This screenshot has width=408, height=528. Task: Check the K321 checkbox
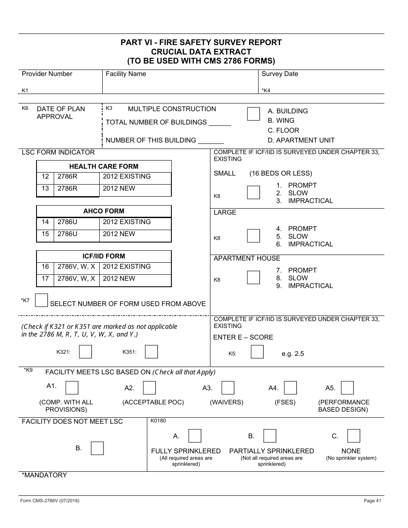[x=85, y=352]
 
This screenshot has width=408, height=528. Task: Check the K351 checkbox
[x=151, y=352]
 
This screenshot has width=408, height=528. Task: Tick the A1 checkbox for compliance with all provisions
[x=72, y=388]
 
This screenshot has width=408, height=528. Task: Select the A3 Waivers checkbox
[x=228, y=388]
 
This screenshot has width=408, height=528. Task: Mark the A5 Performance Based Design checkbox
[x=347, y=388]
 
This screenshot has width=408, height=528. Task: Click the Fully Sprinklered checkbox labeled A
[x=195, y=436]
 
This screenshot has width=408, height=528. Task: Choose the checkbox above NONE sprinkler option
[x=354, y=436]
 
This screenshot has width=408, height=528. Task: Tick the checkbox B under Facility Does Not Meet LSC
[x=97, y=448]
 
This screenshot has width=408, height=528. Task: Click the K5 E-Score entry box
[x=257, y=352]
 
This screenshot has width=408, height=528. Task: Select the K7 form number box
[x=41, y=300]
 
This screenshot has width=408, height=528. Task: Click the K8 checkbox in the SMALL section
[x=254, y=193]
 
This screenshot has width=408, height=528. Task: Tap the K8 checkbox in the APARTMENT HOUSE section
[x=254, y=278]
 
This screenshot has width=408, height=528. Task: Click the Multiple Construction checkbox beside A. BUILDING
[x=254, y=114]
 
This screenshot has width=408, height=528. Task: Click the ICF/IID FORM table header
[x=104, y=256]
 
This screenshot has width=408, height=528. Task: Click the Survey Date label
[x=280, y=74]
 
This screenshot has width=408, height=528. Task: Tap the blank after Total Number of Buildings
[x=220, y=123]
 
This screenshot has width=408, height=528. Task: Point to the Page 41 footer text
[x=372, y=501]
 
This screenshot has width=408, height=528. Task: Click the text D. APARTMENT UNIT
[x=301, y=140]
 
